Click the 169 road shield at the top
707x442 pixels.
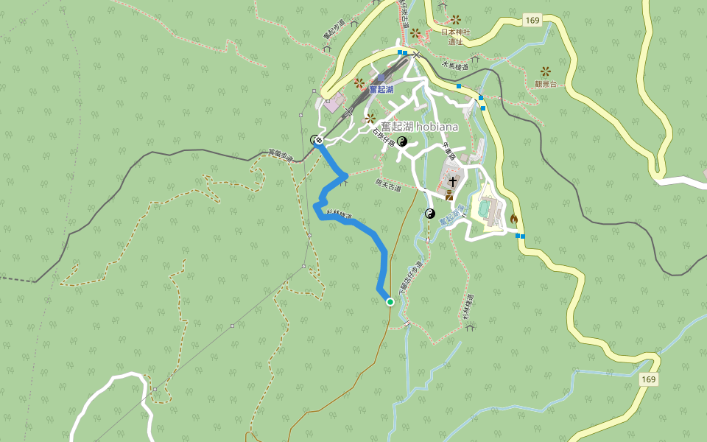click(533, 21)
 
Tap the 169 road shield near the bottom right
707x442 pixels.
click(648, 379)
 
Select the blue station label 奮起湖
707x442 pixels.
click(381, 89)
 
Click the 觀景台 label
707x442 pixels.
click(546, 84)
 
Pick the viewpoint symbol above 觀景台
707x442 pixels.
click(546, 71)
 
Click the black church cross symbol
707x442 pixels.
click(451, 180)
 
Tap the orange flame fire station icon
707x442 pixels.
click(513, 219)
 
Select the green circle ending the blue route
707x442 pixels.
click(390, 302)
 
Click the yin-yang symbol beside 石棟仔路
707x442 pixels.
click(402, 141)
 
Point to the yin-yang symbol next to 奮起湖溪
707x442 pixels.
click(431, 214)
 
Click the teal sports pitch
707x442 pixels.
click(485, 209)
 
